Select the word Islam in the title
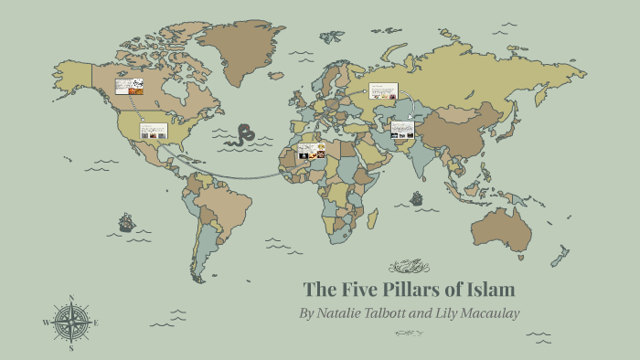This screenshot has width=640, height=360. click(x=492, y=291)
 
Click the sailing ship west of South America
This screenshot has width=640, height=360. click(x=126, y=222)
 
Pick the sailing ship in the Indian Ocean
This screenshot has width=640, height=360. click(x=417, y=197)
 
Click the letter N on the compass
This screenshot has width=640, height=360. click(x=71, y=298)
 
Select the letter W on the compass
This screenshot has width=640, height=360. click(x=46, y=323)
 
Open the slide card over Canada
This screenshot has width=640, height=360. click(x=128, y=88)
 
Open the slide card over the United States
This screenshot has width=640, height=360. click(x=154, y=131)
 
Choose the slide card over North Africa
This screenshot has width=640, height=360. click(x=312, y=151)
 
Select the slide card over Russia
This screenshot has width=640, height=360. click(x=382, y=91)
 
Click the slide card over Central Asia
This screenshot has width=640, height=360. click(x=402, y=129)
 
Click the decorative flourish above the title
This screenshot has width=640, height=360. click(x=409, y=267)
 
